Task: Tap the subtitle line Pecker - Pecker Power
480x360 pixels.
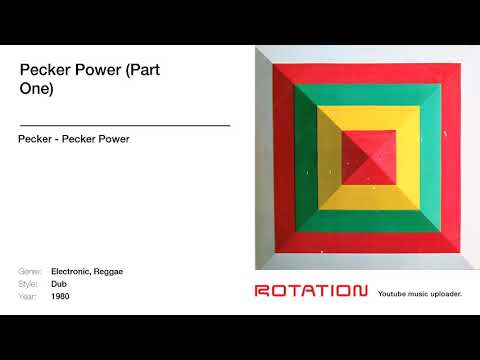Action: (x=74, y=139)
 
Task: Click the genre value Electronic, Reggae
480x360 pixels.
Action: (x=87, y=272)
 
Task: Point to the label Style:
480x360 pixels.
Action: (x=29, y=284)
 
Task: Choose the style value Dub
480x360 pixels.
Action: (x=59, y=284)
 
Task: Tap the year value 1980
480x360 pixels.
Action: (x=61, y=296)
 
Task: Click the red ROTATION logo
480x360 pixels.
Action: (x=311, y=291)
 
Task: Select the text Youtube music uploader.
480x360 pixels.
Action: (x=420, y=293)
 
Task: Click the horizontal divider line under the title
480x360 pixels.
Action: (x=125, y=125)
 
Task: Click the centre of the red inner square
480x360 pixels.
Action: (x=367, y=157)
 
